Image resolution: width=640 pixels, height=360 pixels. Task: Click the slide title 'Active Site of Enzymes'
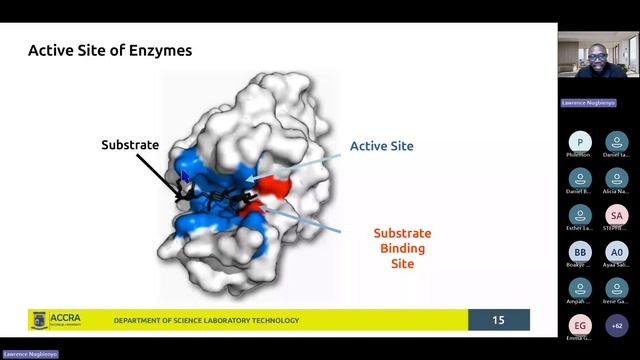109,49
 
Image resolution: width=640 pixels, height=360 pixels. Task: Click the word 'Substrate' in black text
130,145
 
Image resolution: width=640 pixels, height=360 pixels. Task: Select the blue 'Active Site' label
381,146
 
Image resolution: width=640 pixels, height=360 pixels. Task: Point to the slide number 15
498,320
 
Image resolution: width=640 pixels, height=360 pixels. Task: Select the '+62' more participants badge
617,325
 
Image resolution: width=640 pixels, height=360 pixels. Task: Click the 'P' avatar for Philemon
580,141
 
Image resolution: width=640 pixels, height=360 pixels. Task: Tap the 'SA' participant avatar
617,215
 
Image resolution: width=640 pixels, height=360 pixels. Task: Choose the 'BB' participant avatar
580,252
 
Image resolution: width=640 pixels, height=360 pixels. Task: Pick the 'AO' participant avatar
617,252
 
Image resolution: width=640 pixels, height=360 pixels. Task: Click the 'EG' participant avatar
580,325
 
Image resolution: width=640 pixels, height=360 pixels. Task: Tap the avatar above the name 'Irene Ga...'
617,288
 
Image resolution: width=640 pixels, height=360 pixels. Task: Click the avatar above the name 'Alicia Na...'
617,178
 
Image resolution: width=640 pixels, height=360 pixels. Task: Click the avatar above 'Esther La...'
580,215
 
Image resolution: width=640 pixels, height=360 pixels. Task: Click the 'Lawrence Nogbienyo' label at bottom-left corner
30,354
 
